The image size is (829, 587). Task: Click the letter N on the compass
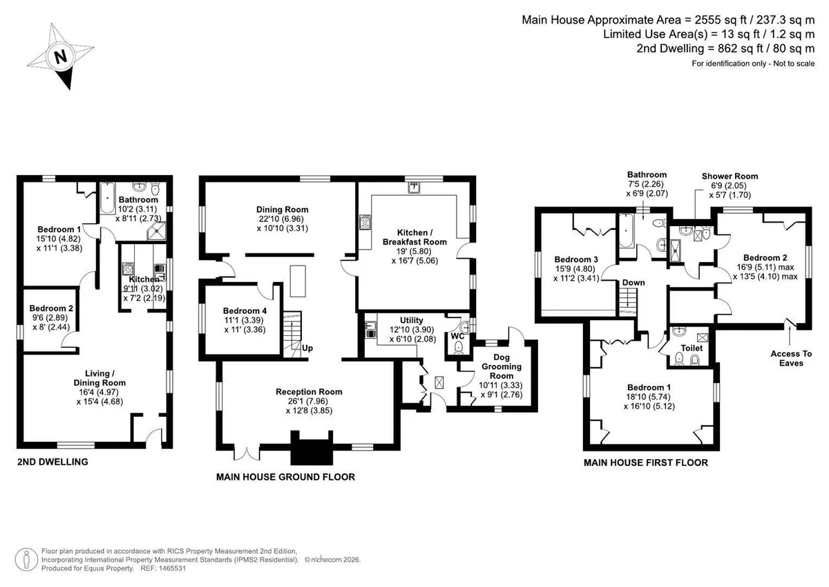pyautogui.click(x=61, y=57)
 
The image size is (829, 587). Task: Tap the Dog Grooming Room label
pyautogui.click(x=502, y=366)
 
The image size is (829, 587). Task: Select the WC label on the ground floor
pyautogui.click(x=457, y=336)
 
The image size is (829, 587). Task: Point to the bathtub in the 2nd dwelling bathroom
pyautogui.click(x=107, y=198)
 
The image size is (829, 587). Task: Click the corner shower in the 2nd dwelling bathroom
pyautogui.click(x=157, y=231)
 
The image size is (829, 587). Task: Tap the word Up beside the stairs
pyautogui.click(x=307, y=348)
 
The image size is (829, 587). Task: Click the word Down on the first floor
pyautogui.click(x=633, y=283)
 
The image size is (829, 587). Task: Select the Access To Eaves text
pyautogui.click(x=791, y=358)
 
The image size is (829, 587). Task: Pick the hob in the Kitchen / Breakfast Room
pyautogui.click(x=365, y=223)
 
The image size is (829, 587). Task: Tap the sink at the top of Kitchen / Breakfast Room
pyautogui.click(x=413, y=188)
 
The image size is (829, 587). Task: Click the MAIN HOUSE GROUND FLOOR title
pyautogui.click(x=285, y=476)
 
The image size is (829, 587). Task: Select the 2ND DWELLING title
pyautogui.click(x=53, y=462)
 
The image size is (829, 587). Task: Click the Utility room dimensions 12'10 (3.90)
pyautogui.click(x=412, y=330)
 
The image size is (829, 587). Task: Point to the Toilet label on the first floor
pyautogui.click(x=692, y=348)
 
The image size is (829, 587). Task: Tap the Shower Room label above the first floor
pyautogui.click(x=730, y=176)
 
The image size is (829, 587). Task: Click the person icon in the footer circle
pyautogui.click(x=26, y=559)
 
